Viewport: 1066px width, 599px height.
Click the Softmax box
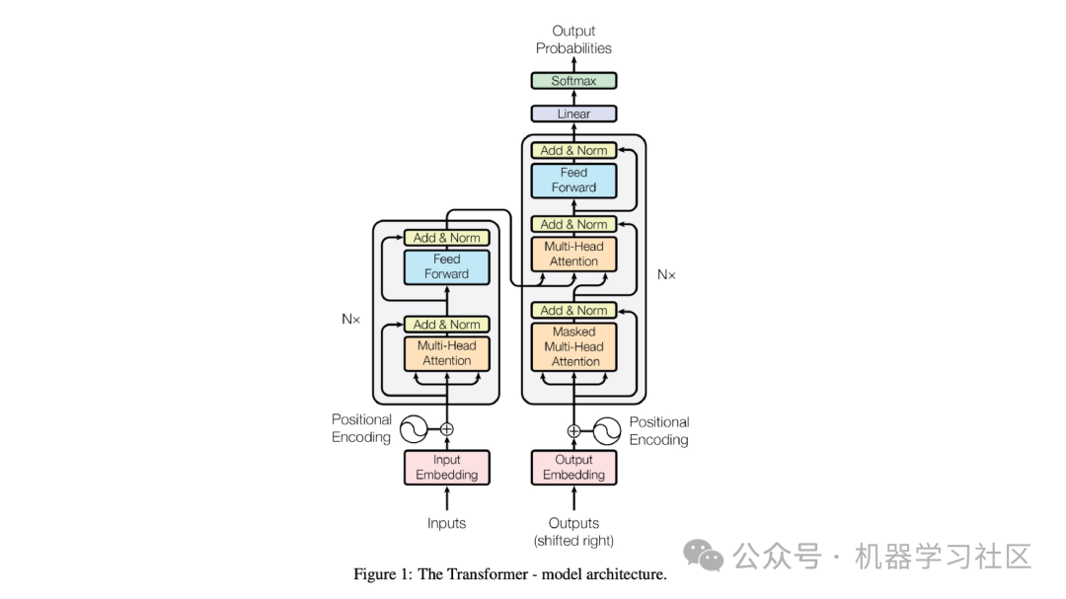click(573, 81)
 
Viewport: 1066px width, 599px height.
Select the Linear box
click(573, 113)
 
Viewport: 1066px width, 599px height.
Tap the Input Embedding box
click(446, 467)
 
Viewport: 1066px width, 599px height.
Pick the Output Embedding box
click(573, 467)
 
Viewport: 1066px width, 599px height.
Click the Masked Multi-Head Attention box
click(573, 346)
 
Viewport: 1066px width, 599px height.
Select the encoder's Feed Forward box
click(446, 266)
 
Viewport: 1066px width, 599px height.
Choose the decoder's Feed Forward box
click(573, 180)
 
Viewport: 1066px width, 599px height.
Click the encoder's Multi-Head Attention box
click(446, 353)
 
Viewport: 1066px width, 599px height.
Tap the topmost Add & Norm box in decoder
click(573, 150)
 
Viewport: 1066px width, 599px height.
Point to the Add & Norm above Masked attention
click(573, 310)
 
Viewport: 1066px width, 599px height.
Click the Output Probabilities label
click(573, 39)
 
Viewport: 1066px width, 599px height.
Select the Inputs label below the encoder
click(446, 523)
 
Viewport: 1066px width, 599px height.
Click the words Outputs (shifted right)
click(573, 532)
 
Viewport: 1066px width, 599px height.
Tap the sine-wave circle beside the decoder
click(609, 430)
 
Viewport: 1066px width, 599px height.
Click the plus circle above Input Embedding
click(446, 428)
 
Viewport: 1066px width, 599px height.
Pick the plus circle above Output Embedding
click(573, 430)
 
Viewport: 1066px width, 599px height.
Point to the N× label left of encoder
click(350, 319)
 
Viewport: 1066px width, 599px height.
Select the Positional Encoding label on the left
click(361, 428)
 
